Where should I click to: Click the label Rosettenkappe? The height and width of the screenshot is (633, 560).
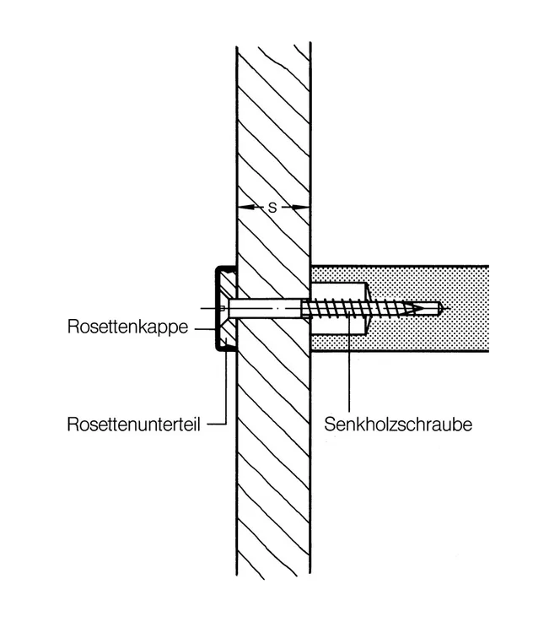127,327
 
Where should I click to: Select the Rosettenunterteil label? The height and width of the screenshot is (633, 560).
133,425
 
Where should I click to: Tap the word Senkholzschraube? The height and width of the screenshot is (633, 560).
398,425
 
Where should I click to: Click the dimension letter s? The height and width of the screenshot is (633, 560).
273,208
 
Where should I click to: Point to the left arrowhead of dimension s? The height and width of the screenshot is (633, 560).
246,208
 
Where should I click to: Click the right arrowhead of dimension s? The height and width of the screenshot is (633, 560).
300,208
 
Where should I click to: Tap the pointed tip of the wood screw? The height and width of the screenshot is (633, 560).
423,309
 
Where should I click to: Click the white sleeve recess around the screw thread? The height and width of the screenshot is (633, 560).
339,309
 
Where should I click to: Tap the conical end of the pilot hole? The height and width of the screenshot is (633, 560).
442,309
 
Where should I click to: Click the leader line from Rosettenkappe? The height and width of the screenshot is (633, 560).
205,329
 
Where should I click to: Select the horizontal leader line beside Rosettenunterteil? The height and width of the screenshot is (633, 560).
216,424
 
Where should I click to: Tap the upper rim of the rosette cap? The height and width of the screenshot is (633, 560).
225,268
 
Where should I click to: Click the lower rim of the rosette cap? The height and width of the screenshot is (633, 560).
225,349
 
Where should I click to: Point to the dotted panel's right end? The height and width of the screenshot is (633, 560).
487,309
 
